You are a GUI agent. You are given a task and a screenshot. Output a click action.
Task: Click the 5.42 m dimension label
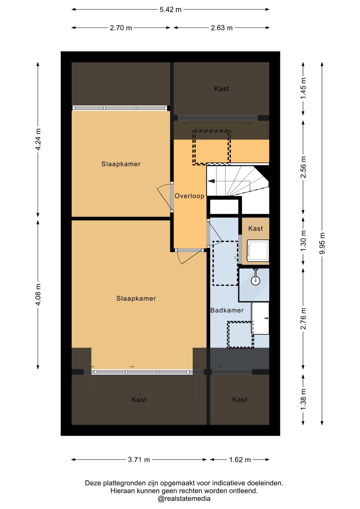(170, 10)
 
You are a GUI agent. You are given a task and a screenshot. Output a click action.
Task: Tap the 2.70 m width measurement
(121, 28)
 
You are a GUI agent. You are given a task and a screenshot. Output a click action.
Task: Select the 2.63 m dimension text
(222, 28)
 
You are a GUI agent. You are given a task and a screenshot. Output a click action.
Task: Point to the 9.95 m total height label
(322, 243)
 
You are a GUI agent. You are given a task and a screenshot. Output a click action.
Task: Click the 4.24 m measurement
(38, 139)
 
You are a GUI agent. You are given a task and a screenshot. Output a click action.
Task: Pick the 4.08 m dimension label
(38, 295)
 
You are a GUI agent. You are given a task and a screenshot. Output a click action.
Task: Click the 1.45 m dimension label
(303, 88)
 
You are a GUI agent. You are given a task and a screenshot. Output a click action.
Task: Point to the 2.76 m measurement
(303, 319)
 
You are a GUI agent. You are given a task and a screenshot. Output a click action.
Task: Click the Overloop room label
(189, 196)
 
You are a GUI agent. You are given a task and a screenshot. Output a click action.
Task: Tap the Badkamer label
(227, 310)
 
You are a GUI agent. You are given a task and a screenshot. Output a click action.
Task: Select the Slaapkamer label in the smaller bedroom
(121, 164)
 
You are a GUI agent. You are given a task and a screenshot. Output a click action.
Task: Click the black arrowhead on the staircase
(211, 181)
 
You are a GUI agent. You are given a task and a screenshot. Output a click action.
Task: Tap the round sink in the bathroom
(256, 281)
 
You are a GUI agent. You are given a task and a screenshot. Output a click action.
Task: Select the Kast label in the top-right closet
(221, 89)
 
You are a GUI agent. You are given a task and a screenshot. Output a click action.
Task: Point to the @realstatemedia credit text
(184, 499)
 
